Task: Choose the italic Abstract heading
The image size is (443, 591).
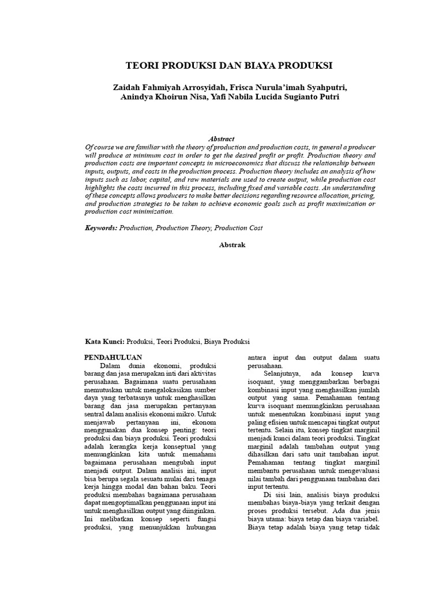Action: pyautogui.click(x=221, y=139)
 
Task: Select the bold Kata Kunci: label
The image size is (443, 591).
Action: pyautogui.click(x=105, y=341)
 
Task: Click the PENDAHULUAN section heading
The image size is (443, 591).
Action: pyautogui.click(x=113, y=357)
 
